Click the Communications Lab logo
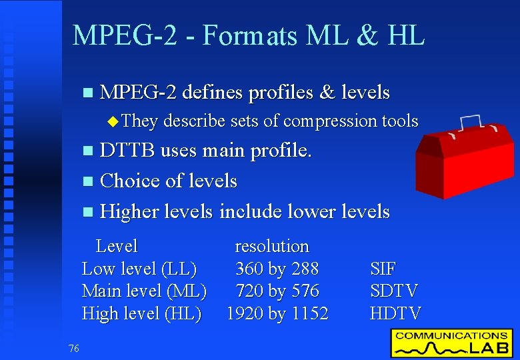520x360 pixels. [x=451, y=343]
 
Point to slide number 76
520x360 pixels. [x=73, y=347]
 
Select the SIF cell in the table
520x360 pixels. [x=383, y=269]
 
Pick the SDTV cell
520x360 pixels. [x=394, y=291]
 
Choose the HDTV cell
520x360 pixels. [x=395, y=313]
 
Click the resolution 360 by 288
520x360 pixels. [x=277, y=269]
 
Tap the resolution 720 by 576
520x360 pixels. [x=277, y=291]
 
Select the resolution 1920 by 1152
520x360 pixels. [x=277, y=313]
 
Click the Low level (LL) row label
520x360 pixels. [x=139, y=269]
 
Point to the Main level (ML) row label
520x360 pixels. [x=144, y=291]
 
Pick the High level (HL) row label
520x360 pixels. [x=141, y=313]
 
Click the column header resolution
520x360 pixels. [x=272, y=246]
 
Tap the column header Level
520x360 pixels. [x=117, y=246]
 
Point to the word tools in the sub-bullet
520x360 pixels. [x=400, y=121]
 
